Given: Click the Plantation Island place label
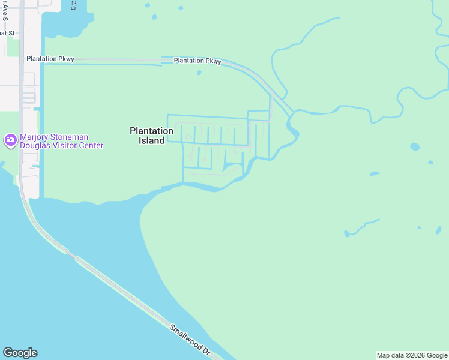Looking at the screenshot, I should (x=151, y=135).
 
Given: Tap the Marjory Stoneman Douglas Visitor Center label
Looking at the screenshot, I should (x=61, y=141).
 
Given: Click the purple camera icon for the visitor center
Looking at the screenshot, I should (x=10, y=140).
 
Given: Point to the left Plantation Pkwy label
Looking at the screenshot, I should (x=50, y=59).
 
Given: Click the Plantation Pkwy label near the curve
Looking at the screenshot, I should (x=197, y=61).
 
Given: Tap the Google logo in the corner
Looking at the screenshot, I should (x=20, y=353).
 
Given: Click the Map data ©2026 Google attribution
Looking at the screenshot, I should (x=412, y=355).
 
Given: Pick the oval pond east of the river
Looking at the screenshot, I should (x=414, y=146).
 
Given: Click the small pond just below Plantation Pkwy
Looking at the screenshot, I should (x=199, y=73).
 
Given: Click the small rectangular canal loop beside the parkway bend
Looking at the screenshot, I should (x=259, y=116).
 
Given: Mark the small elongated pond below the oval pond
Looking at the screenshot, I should (x=374, y=174).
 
